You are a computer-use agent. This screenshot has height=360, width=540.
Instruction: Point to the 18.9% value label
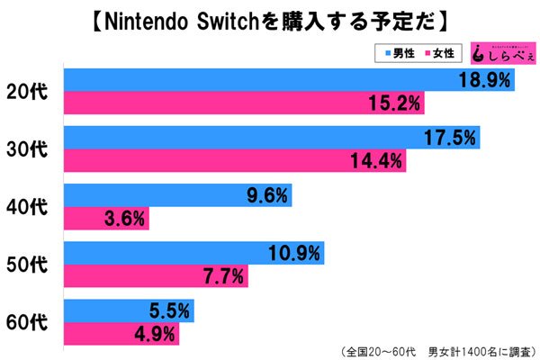tap(485, 80)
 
